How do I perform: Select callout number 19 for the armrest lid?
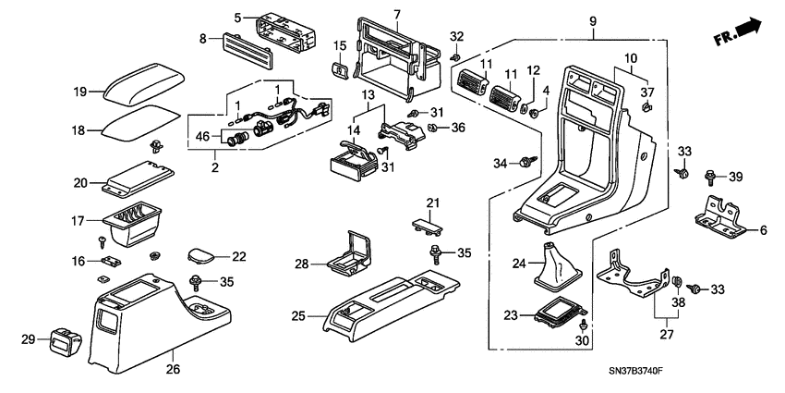80,92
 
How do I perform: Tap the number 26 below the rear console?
173,370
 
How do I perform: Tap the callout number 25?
296,316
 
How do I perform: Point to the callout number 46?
202,137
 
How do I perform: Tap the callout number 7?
396,15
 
